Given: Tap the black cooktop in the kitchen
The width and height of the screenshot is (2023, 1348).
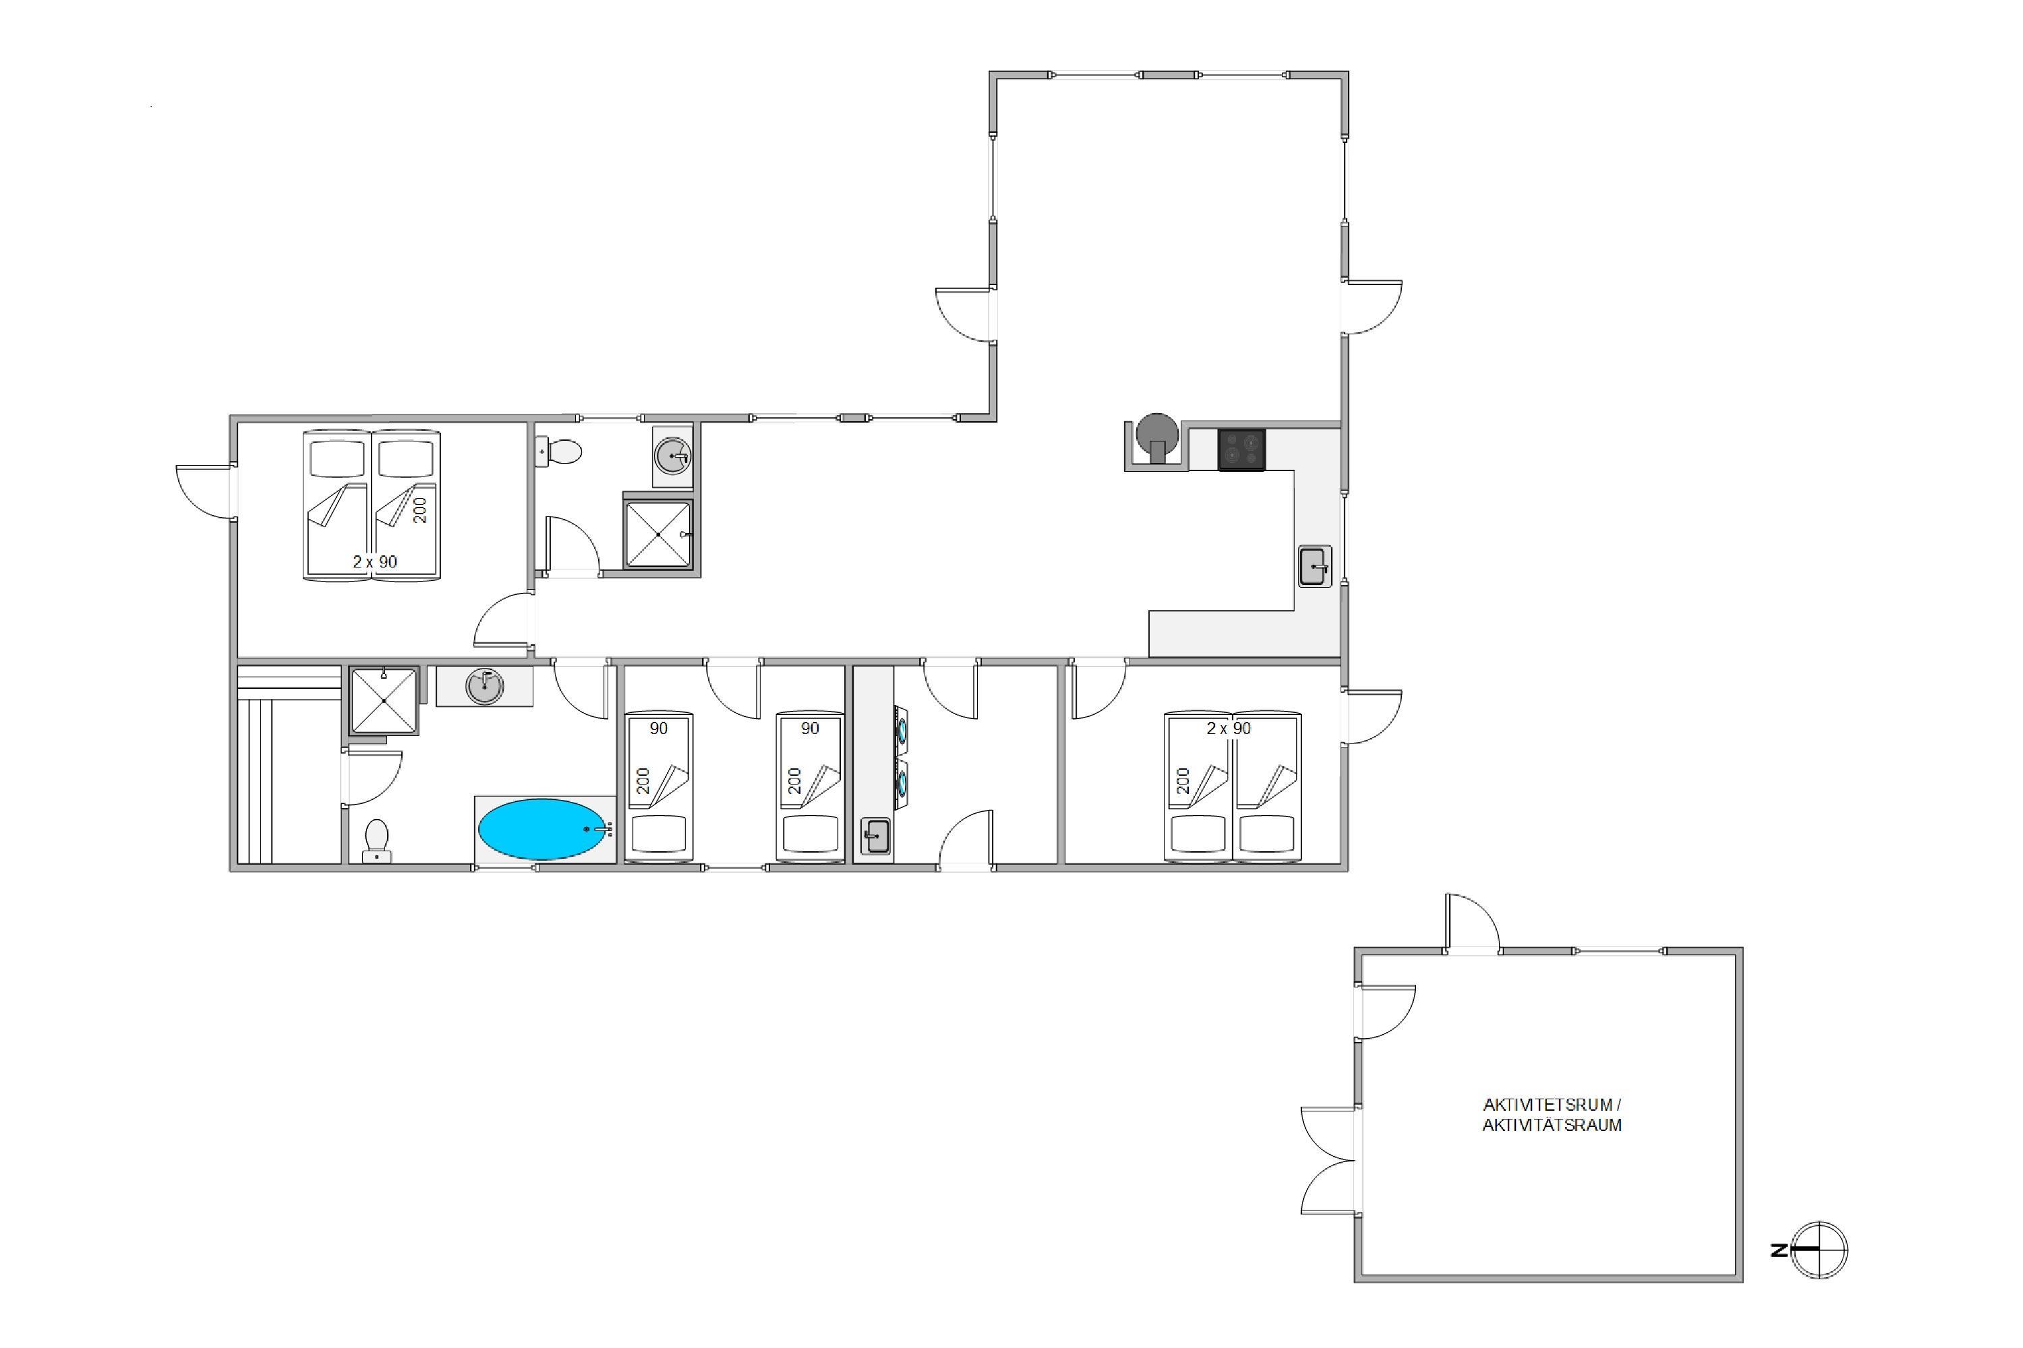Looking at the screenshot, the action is (1241, 449).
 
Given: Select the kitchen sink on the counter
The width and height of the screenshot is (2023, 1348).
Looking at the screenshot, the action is (1314, 567).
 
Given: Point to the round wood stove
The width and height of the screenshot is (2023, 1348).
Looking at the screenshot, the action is (1157, 437).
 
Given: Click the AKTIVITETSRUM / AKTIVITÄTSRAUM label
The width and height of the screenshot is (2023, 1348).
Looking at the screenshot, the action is (1552, 1114).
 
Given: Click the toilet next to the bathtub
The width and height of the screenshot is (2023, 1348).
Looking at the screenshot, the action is (377, 840).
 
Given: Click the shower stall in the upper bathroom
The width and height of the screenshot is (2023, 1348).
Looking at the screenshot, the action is (658, 534).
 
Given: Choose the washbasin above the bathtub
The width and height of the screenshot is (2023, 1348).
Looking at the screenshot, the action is (484, 686).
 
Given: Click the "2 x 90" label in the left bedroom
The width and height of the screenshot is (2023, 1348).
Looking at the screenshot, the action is (375, 561).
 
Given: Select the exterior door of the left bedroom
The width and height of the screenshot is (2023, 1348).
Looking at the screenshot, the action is (205, 492).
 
